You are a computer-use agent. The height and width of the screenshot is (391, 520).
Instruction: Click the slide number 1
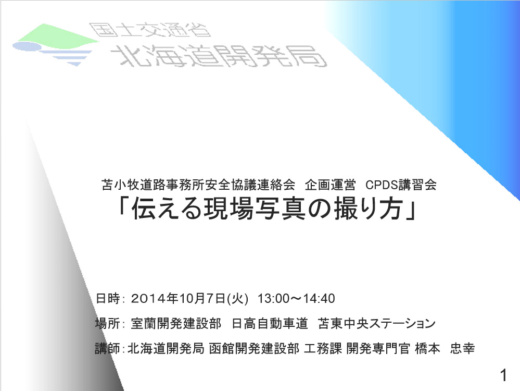(504, 375)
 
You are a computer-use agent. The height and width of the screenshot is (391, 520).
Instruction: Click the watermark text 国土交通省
(150, 30)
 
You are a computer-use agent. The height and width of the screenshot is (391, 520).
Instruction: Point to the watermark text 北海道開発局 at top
(219, 56)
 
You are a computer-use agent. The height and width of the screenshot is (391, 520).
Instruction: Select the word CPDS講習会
(401, 185)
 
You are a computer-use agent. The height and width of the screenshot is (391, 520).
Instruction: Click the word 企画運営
(331, 185)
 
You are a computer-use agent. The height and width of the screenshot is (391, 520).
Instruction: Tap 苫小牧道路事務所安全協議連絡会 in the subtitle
(198, 185)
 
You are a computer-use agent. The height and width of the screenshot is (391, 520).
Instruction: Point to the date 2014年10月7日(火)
(189, 298)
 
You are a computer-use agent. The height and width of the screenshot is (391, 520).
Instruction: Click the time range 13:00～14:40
(296, 298)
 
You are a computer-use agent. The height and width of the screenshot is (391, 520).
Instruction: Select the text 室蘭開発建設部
(176, 323)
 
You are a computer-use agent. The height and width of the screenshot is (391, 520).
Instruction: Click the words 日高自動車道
(270, 323)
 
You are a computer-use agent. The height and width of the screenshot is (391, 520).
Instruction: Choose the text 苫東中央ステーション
(376, 323)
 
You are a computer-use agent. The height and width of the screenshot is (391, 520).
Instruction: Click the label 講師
(107, 348)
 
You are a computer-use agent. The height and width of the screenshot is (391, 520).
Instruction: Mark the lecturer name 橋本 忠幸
(445, 348)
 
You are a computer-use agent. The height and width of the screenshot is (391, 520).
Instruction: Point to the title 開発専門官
(378, 348)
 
